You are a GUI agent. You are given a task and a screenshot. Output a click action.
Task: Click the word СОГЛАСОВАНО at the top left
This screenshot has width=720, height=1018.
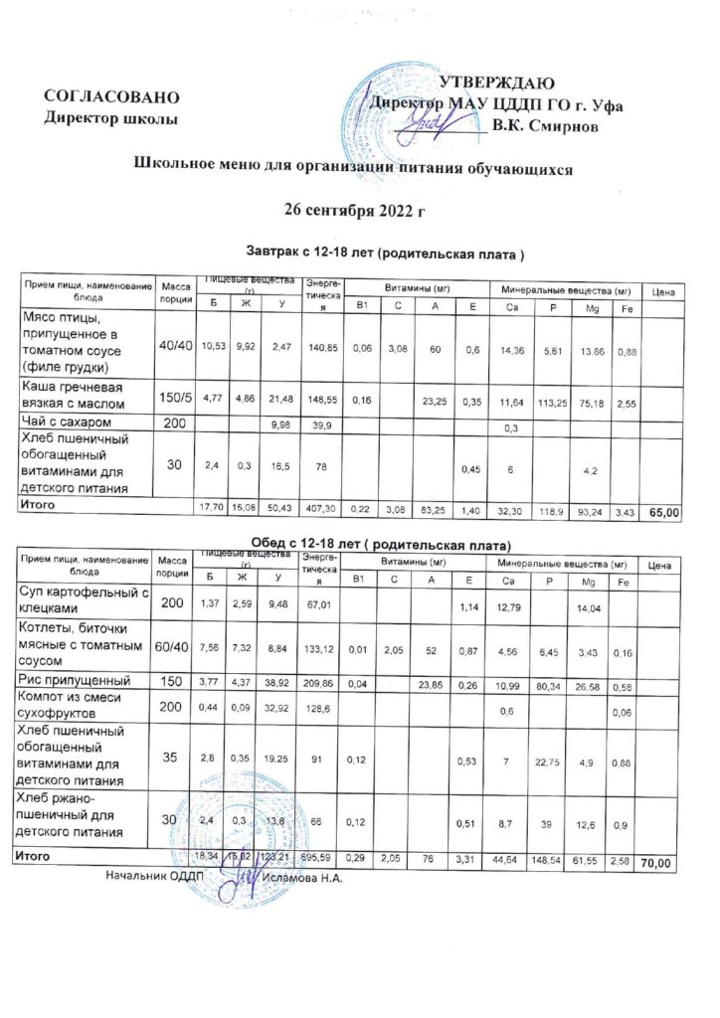112,97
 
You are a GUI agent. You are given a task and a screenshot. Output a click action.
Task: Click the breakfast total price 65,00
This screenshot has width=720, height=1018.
663,513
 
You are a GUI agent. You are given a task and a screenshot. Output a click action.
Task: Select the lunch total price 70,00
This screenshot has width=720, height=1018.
662,861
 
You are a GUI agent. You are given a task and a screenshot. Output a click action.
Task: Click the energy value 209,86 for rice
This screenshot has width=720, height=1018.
324,685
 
